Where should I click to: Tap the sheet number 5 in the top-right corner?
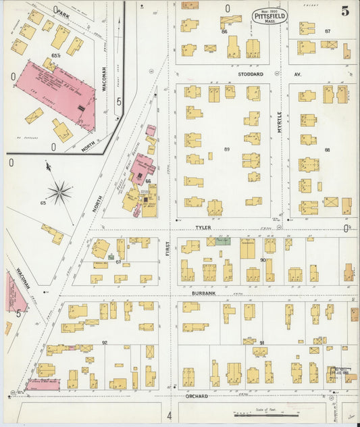[x=345, y=11]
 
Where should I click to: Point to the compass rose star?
[x=59, y=193]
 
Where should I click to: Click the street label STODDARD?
[x=251, y=74]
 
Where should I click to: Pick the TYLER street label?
[x=203, y=228]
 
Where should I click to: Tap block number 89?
[x=227, y=149]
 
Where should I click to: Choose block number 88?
[x=328, y=149]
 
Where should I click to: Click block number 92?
[x=105, y=343]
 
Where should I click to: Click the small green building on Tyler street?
[x=224, y=241]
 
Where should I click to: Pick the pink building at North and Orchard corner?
[x=42, y=384]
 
